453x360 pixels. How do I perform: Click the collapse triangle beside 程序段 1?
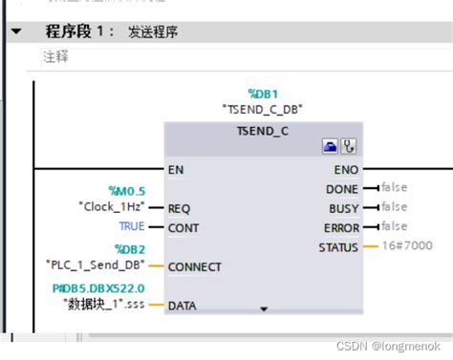coord(15,32)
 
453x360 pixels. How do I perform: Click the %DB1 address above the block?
coord(263,94)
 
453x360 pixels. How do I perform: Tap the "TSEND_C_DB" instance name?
coord(263,108)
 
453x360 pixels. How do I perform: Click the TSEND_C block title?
coord(264,129)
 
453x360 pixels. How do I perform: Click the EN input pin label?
coord(176,170)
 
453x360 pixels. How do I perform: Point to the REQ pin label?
coord(179,208)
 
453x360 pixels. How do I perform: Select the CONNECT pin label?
coord(194,267)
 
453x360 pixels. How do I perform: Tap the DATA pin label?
coord(182,307)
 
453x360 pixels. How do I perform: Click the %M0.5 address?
coord(128,191)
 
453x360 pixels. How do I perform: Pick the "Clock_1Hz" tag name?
coord(111,205)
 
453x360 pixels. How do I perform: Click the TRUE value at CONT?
coord(132,226)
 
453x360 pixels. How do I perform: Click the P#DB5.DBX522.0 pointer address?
coord(98,288)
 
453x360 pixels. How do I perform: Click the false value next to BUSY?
coord(393,207)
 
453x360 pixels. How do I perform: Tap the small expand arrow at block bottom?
coord(264,309)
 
